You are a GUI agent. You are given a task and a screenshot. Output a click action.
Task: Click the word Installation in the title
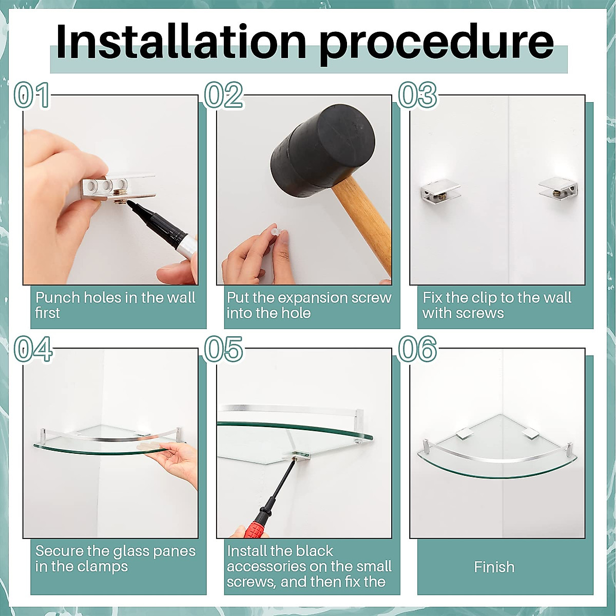pos(181,42)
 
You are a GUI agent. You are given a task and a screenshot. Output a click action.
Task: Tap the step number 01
pos(32,95)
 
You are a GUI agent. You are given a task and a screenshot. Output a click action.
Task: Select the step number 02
pos(224,95)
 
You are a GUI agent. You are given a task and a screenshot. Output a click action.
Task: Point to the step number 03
pos(417,95)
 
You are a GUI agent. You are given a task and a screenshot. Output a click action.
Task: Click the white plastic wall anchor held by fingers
pos(275,232)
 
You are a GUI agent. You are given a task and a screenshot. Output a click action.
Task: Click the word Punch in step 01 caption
pos(57,298)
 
